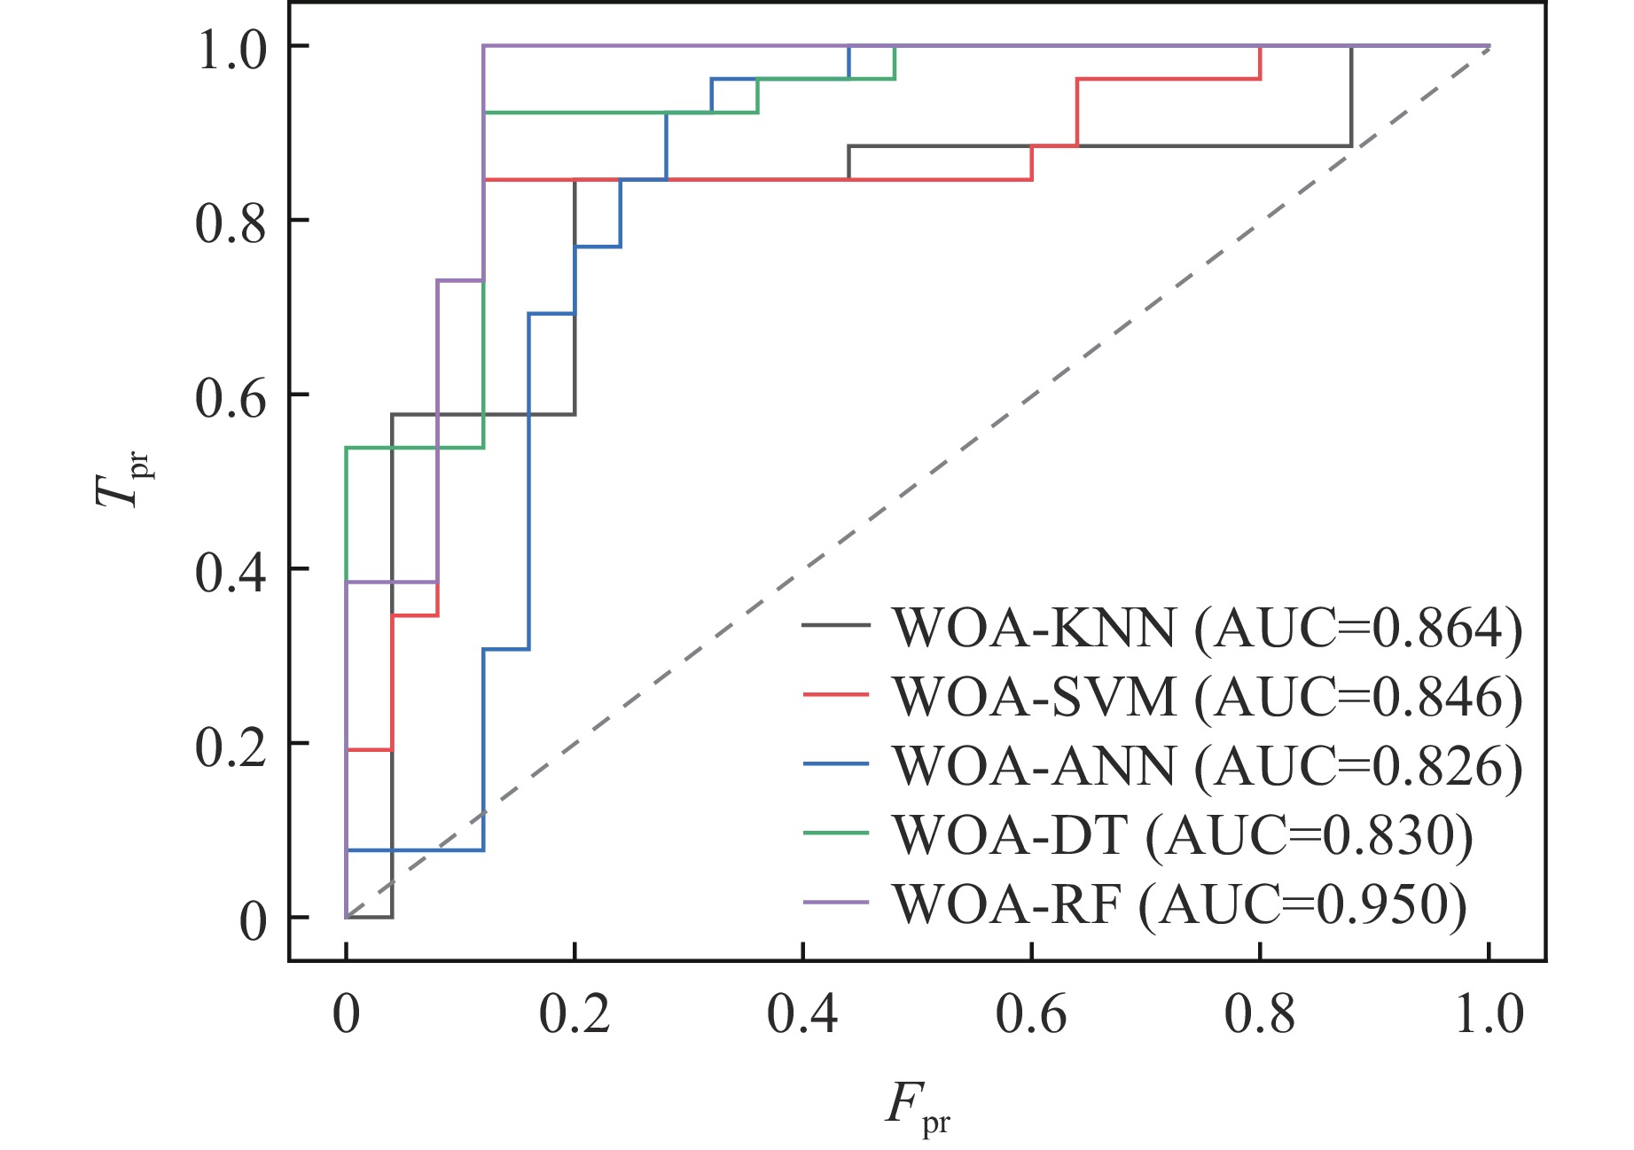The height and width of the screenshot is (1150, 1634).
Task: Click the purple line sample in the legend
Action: pos(835,903)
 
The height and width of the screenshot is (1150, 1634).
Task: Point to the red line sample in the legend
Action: pos(835,694)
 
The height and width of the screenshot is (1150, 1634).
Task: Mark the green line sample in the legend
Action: pos(835,833)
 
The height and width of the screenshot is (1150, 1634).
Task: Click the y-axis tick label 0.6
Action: pos(231,397)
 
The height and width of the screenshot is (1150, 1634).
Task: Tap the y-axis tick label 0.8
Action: pos(231,223)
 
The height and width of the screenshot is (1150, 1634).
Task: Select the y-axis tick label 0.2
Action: pos(231,747)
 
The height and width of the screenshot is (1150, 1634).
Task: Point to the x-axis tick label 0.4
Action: pos(802,1014)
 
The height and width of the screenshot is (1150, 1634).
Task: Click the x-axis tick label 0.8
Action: pos(1259,1014)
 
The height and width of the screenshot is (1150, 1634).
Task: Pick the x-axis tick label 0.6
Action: pos(1031,1014)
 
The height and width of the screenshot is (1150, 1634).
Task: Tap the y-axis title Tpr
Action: pos(121,479)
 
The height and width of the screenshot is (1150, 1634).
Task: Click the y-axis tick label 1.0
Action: pos(231,49)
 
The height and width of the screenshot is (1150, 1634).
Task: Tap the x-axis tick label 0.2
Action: pos(575,1014)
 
